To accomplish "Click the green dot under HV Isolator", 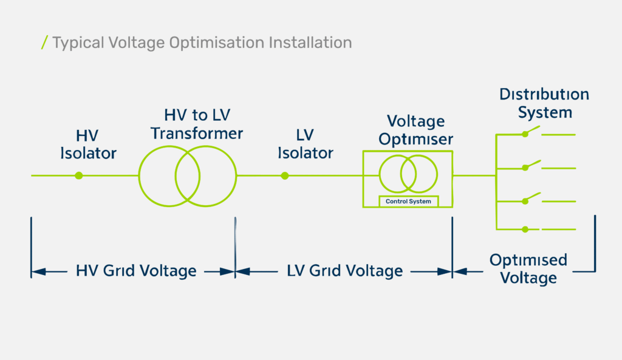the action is click(x=79, y=175).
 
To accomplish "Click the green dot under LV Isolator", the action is click(x=285, y=175).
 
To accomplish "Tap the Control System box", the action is click(x=409, y=202).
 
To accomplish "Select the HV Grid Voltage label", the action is click(x=136, y=271).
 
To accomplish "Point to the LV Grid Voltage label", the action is click(x=345, y=271).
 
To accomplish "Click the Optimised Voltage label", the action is click(x=528, y=269).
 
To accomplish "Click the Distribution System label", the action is click(x=544, y=103).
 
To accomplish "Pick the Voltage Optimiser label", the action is click(x=415, y=130).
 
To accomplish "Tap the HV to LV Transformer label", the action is click(x=197, y=124).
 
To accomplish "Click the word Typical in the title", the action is click(x=78, y=43).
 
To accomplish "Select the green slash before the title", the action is click(x=44, y=42).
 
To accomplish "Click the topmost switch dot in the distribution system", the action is click(x=525, y=134).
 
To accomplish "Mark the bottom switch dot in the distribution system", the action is click(x=525, y=229).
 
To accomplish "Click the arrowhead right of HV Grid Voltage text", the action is click(x=227, y=271).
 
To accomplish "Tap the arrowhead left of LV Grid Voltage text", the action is click(x=243, y=271).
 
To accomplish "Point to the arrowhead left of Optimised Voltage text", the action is click(x=460, y=271).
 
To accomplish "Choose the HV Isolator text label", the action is click(x=88, y=144).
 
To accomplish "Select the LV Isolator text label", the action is click(x=306, y=144).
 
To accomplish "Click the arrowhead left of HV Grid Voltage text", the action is click(x=38, y=271).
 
